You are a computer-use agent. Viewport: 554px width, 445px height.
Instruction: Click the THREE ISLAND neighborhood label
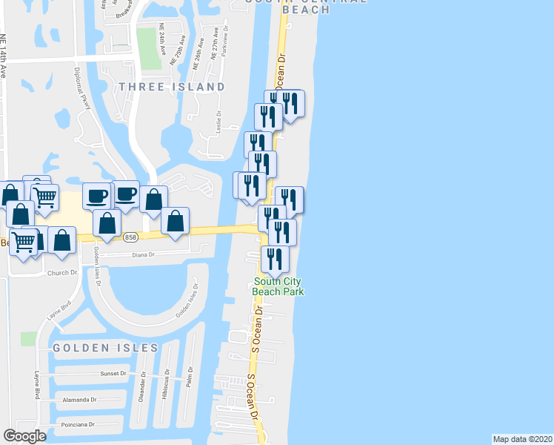[x=171, y=87]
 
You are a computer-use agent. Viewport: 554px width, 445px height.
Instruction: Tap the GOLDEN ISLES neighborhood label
[x=105, y=347]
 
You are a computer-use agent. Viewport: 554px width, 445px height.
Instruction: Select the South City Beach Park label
[x=278, y=286]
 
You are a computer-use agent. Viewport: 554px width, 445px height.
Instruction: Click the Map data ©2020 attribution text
[x=522, y=438]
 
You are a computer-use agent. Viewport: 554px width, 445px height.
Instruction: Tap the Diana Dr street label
[x=141, y=254]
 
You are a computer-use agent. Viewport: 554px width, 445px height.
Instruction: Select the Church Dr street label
[x=62, y=272]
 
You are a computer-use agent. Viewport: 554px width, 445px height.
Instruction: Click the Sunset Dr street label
[x=114, y=374]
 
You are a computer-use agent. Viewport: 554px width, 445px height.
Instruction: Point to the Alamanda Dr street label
[x=80, y=399]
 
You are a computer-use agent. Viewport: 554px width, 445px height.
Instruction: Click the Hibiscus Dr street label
[x=167, y=383]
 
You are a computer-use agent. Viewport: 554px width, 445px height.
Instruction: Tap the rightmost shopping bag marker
[x=175, y=221]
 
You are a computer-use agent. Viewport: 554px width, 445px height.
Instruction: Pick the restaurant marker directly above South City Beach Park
[x=275, y=259]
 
